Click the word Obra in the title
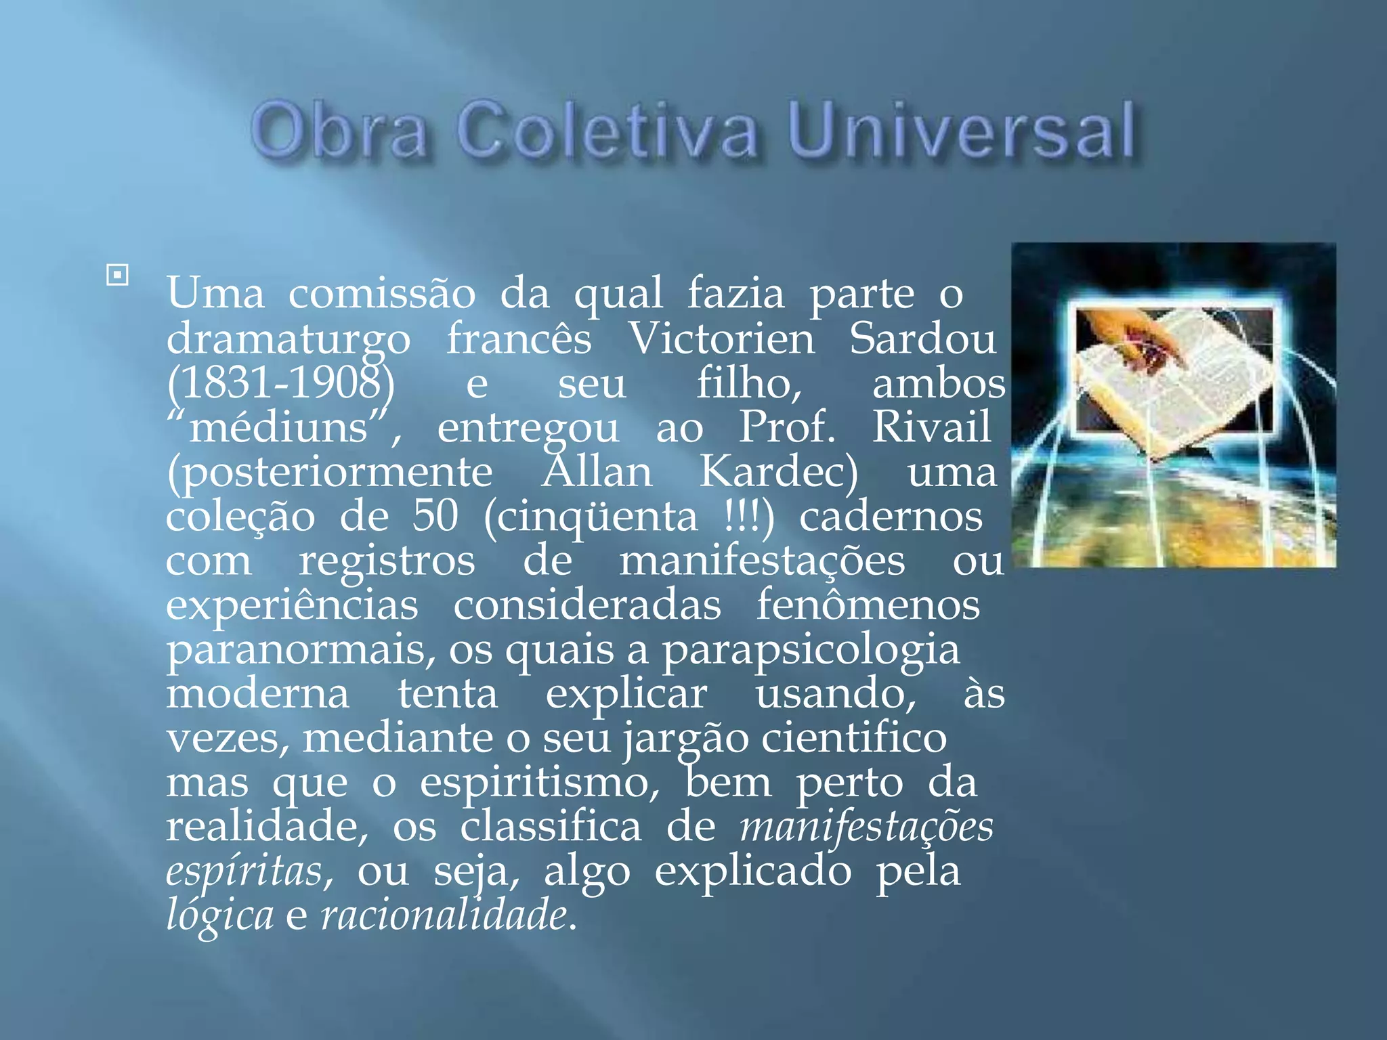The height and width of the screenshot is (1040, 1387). click(x=339, y=131)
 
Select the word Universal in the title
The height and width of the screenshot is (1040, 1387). click(x=962, y=131)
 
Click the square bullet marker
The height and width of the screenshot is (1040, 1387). click(x=117, y=275)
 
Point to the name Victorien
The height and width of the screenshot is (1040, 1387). click(x=722, y=339)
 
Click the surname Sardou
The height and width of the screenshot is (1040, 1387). click(x=922, y=339)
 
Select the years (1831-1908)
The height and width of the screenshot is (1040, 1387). click(x=281, y=383)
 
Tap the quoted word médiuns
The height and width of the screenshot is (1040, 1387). click(x=278, y=428)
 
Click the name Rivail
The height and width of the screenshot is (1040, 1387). click(x=931, y=428)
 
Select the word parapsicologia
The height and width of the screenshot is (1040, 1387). click(x=811, y=649)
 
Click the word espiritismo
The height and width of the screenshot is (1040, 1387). click(x=540, y=783)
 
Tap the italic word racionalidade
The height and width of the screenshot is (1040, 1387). click(x=444, y=915)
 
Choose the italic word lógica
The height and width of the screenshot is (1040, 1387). click(x=220, y=915)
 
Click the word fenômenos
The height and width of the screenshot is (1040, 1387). click(x=868, y=605)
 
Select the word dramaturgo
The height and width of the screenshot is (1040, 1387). click(x=289, y=339)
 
